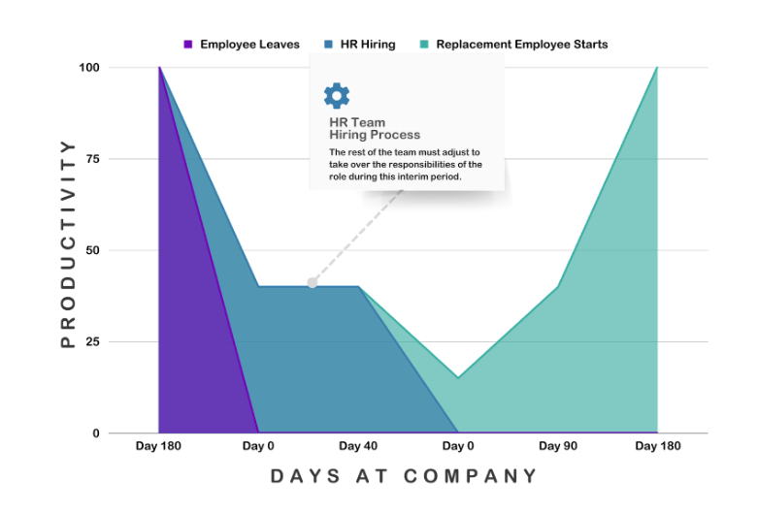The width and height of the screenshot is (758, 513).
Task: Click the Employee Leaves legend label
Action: (249, 45)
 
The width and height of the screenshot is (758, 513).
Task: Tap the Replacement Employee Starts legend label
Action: (521, 45)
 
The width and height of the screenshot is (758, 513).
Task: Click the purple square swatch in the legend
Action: (188, 45)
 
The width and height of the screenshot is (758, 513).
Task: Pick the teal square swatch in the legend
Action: (424, 45)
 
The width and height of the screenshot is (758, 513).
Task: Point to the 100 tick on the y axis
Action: (89, 68)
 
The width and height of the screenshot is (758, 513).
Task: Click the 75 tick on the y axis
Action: (92, 159)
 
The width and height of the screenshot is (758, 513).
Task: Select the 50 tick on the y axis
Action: (92, 250)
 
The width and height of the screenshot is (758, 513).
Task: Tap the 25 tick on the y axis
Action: (92, 342)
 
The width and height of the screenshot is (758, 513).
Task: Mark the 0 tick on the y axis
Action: (95, 433)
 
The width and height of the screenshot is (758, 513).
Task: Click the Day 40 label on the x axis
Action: (358, 446)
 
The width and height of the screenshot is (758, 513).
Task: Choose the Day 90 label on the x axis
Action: (557, 446)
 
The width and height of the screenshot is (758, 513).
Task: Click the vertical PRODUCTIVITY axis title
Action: (67, 243)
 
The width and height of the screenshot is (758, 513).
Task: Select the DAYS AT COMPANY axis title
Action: (404, 476)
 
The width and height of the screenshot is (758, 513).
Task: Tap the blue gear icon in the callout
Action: (337, 95)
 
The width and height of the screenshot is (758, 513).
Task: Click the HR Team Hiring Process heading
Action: (374, 129)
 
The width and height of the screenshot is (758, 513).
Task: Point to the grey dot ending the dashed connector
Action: (312, 283)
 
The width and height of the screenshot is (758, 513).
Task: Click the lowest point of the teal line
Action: (457, 377)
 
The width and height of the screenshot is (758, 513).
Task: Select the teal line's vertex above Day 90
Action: (557, 287)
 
